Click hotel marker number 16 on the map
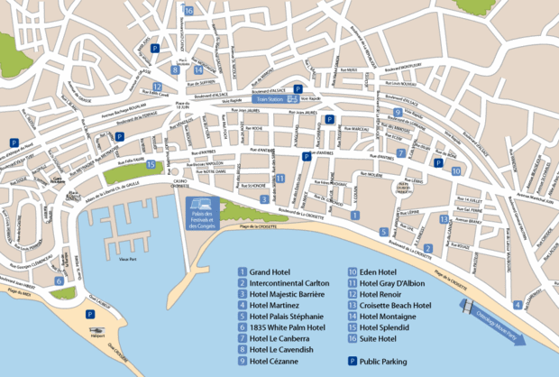pyautogui.click(x=188, y=11)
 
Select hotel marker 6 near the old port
pyautogui.click(x=59, y=280)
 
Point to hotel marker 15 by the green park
pyautogui.click(x=151, y=164)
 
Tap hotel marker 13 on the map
pyautogui.click(x=444, y=219)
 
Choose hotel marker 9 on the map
pyautogui.click(x=397, y=113)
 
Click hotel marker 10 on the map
pyautogui.click(x=456, y=170)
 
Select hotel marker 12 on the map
pyautogui.click(x=158, y=87)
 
